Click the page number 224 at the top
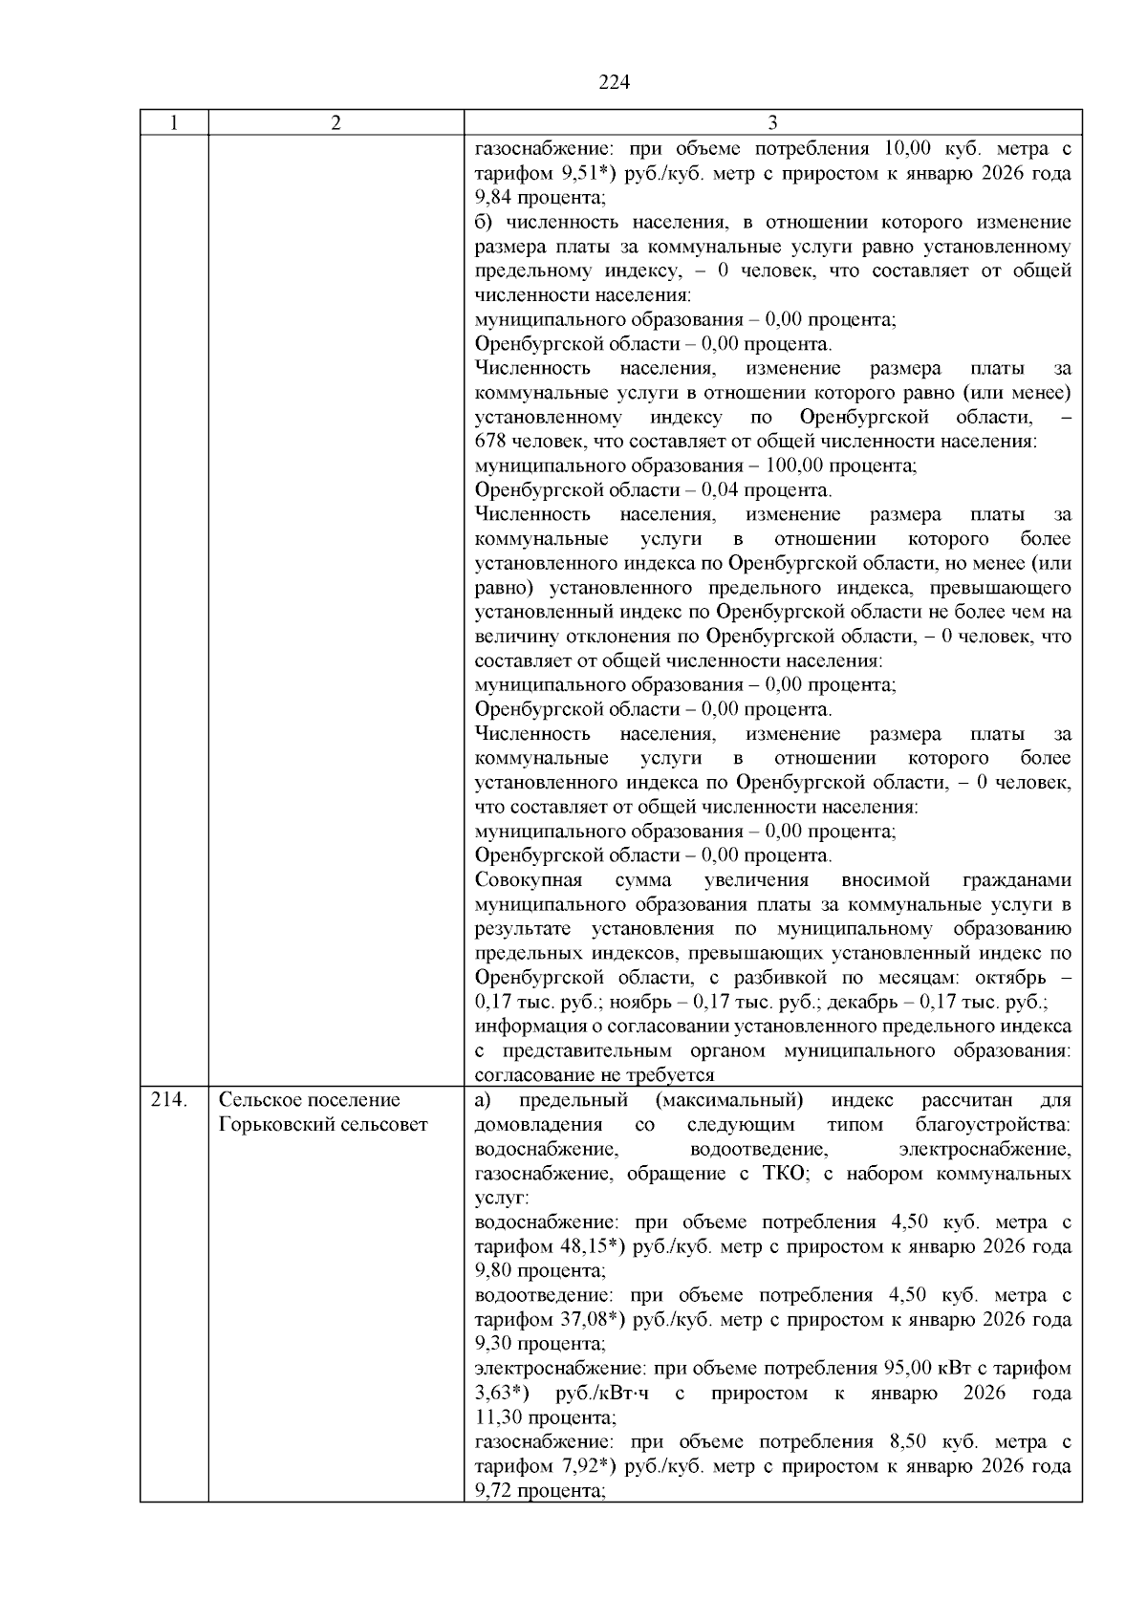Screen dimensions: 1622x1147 point(615,82)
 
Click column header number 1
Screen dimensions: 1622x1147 point(174,123)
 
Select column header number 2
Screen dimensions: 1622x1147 point(336,123)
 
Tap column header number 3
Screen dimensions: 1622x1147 point(772,123)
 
